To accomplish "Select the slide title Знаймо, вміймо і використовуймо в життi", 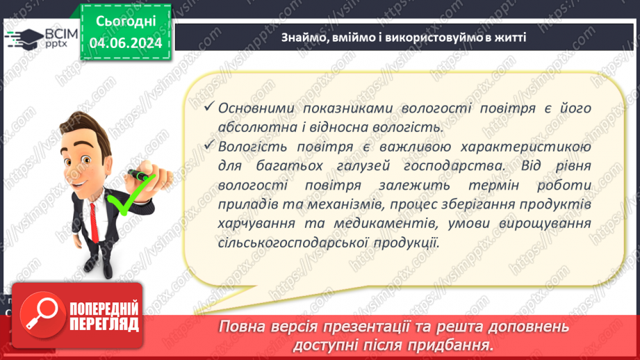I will (x=404, y=37).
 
